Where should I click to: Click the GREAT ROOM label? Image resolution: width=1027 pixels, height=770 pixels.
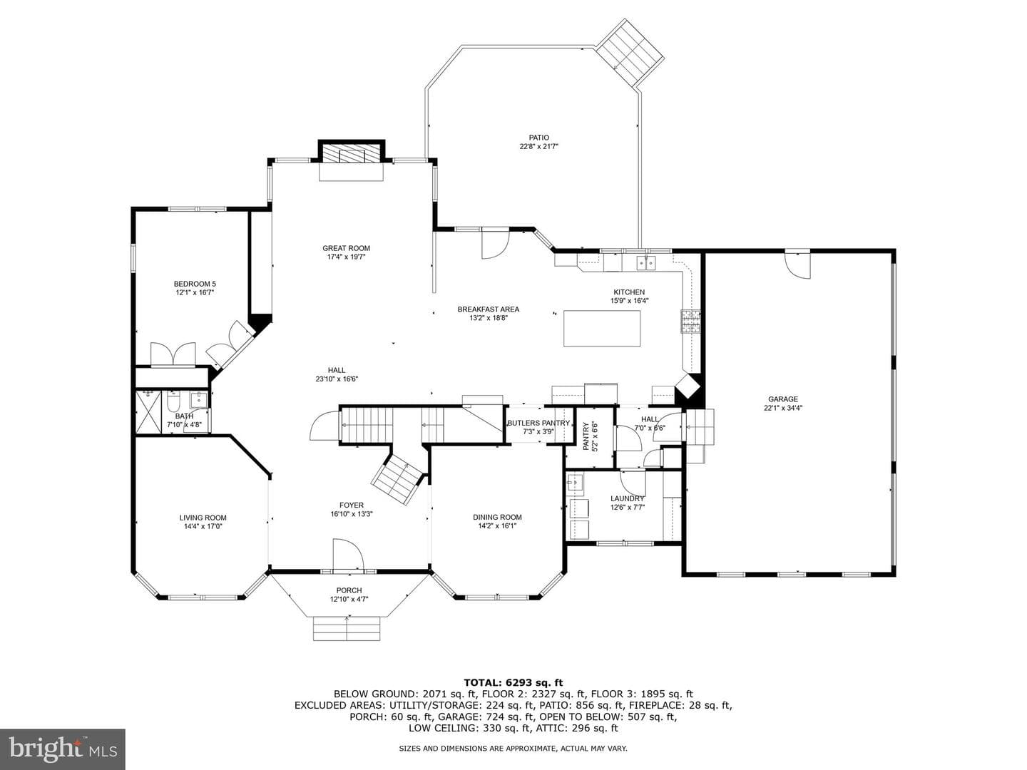[346, 248]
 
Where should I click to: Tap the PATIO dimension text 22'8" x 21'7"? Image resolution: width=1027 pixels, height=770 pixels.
[538, 146]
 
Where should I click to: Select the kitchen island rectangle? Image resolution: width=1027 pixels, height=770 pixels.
[602, 328]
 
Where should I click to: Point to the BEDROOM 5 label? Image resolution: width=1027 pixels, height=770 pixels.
[195, 284]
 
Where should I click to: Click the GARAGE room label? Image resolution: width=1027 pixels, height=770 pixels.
[783, 399]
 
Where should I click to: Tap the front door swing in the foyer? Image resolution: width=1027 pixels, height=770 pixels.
[348, 555]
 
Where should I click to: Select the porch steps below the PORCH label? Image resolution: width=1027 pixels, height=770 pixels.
[347, 629]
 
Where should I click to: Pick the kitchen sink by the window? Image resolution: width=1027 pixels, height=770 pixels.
[645, 263]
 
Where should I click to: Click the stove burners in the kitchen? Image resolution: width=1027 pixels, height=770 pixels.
[690, 322]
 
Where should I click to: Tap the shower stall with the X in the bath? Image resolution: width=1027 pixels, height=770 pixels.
[148, 412]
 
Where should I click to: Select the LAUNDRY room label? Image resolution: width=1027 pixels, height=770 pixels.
[627, 498]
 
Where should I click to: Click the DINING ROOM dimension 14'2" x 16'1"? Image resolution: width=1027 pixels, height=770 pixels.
[497, 525]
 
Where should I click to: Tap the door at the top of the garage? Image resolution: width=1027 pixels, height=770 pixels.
[797, 265]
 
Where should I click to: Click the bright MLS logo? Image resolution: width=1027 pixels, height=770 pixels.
[63, 749]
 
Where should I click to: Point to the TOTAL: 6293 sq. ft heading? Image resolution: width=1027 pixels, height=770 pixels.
[513, 683]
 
